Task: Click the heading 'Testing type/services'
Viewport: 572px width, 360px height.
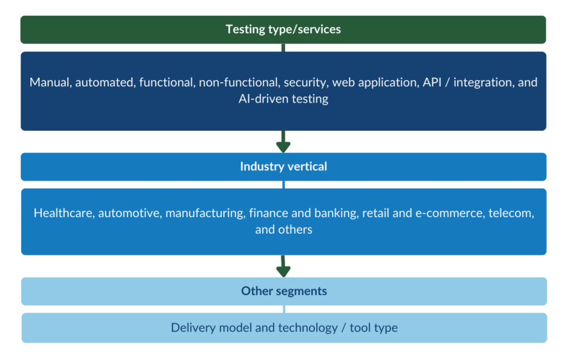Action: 283,29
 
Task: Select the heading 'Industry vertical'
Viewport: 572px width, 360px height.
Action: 283,166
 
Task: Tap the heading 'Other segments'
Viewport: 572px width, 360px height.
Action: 284,291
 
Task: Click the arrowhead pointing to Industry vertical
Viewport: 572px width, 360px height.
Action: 283,147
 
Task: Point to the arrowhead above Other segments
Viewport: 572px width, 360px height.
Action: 283,271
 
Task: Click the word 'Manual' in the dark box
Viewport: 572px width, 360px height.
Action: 50,83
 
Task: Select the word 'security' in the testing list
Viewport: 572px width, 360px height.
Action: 305,83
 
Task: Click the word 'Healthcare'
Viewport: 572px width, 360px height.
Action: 63,213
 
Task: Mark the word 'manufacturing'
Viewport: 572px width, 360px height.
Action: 204,213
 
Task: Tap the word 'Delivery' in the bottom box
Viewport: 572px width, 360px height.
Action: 192,328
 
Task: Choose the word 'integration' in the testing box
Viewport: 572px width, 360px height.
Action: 486,83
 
